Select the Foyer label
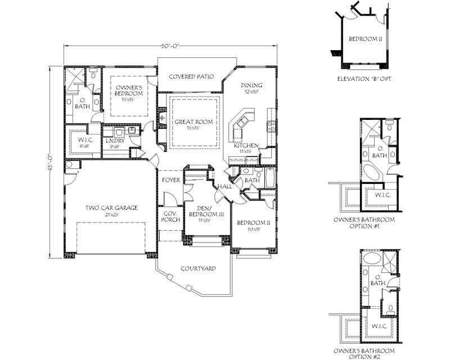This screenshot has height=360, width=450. (x=171, y=181)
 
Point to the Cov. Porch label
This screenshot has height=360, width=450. (x=171, y=217)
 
